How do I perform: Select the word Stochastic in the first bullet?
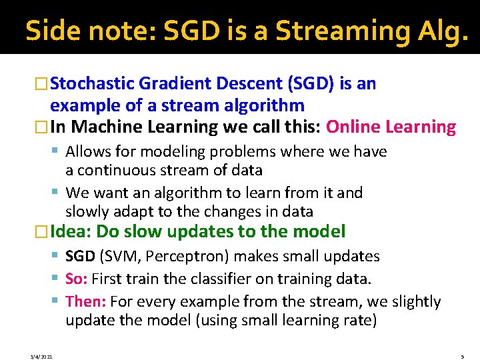click(x=93, y=84)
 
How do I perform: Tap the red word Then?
click(x=86, y=302)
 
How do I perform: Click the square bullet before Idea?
click(x=43, y=232)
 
